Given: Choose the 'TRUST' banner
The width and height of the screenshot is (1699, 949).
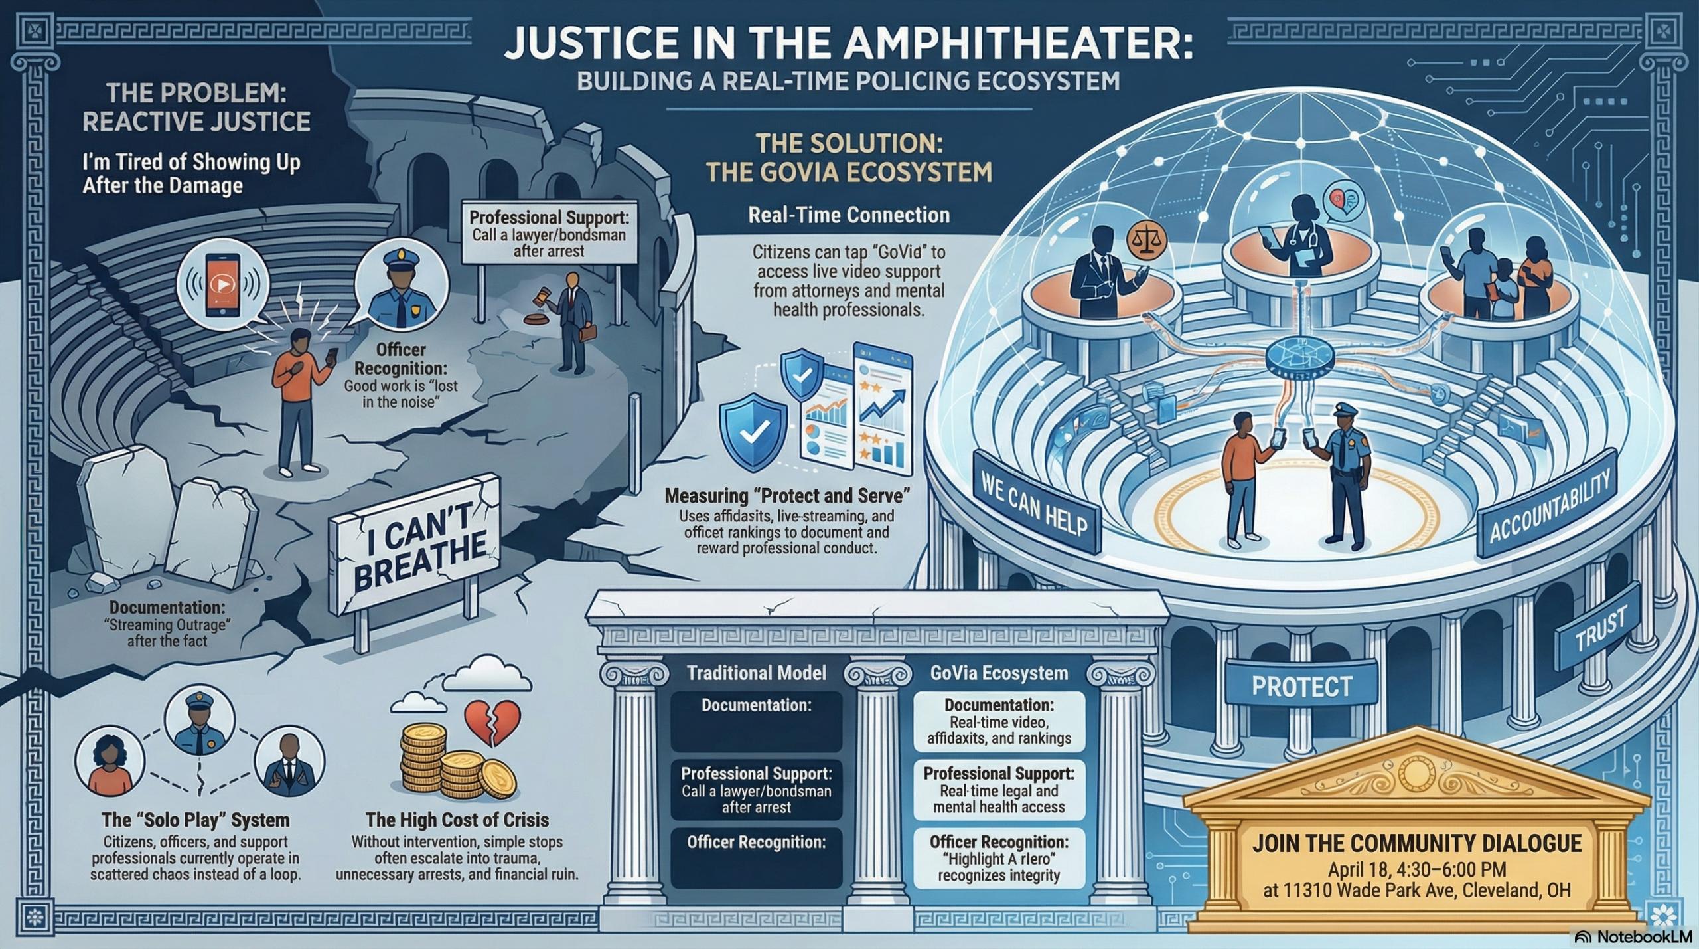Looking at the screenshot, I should pyautogui.click(x=1599, y=628).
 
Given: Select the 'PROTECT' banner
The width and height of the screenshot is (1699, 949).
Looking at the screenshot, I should pyautogui.click(x=1301, y=686).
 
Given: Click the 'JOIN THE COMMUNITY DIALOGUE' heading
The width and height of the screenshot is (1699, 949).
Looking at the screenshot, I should pyautogui.click(x=1417, y=843).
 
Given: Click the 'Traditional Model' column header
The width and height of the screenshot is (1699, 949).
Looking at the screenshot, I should pyautogui.click(x=757, y=673).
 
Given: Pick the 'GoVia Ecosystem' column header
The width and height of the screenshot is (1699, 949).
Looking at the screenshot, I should pyautogui.click(x=999, y=673).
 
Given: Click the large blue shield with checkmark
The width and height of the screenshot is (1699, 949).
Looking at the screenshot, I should pyautogui.click(x=753, y=432).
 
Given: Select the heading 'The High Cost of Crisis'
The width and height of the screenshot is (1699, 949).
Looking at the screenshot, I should pyautogui.click(x=457, y=820).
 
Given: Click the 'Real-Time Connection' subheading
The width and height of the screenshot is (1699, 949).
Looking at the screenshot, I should pyautogui.click(x=849, y=215).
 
